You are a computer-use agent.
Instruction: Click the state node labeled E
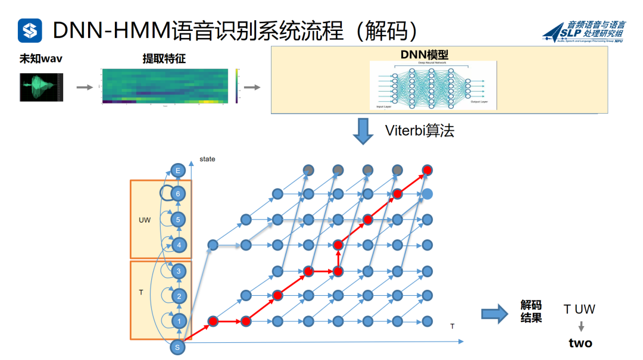click(x=177, y=170)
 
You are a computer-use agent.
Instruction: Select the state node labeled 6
click(x=177, y=193)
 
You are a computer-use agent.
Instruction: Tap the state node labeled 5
click(x=178, y=220)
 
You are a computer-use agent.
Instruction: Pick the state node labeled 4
click(x=178, y=245)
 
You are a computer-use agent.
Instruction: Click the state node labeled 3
click(x=178, y=271)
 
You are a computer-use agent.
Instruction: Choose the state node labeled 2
click(x=178, y=296)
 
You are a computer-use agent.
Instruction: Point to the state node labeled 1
click(x=178, y=321)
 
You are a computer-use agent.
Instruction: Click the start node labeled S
click(x=177, y=347)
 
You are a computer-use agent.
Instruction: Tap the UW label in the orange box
click(x=144, y=220)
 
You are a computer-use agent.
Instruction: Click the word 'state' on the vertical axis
click(x=207, y=159)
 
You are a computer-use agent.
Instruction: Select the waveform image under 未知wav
click(x=41, y=87)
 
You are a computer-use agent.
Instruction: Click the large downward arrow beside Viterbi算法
click(x=364, y=131)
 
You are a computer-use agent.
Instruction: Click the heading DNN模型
click(x=424, y=55)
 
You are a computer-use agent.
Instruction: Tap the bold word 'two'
click(x=580, y=343)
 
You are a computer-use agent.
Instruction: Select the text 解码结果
click(x=531, y=312)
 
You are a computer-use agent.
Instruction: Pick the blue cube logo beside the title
click(x=30, y=30)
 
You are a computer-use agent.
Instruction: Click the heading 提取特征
click(x=164, y=59)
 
